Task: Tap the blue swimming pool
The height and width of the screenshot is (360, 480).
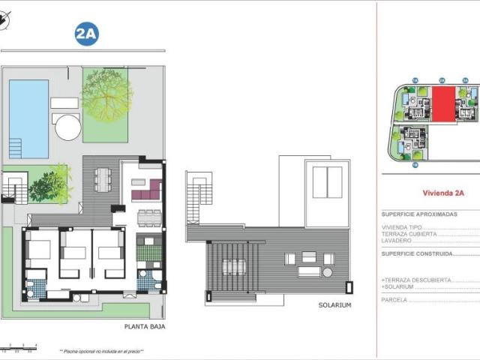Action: (28, 118)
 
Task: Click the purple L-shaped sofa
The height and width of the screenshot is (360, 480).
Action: (147, 190)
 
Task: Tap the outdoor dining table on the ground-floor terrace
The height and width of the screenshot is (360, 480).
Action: (103, 180)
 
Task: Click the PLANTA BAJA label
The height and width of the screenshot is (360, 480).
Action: (144, 327)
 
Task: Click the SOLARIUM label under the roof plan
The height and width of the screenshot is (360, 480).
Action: (334, 305)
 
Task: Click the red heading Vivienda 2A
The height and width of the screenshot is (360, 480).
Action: (443, 193)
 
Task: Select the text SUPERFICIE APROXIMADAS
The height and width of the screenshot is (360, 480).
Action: (419, 214)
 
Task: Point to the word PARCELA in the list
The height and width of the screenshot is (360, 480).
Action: (394, 299)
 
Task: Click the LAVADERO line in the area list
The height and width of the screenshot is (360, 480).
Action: (397, 241)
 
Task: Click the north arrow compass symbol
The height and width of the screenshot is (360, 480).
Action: (6, 24)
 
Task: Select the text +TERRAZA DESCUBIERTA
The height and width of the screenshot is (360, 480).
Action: (416, 280)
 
